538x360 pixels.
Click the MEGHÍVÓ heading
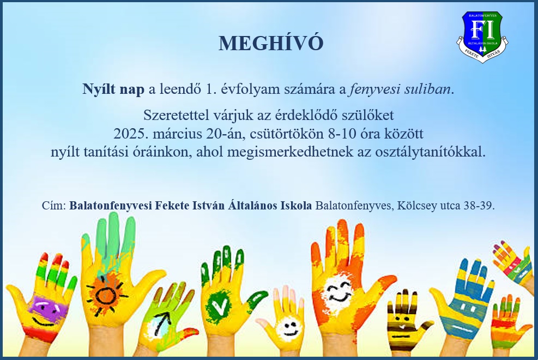(271, 43)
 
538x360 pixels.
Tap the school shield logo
(482, 37)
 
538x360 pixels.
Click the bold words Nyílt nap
(113, 89)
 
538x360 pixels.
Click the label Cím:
(54, 206)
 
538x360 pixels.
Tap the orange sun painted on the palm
(106, 294)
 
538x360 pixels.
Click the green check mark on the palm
(219, 305)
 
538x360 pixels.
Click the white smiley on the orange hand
(338, 291)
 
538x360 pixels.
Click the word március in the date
(177, 134)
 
